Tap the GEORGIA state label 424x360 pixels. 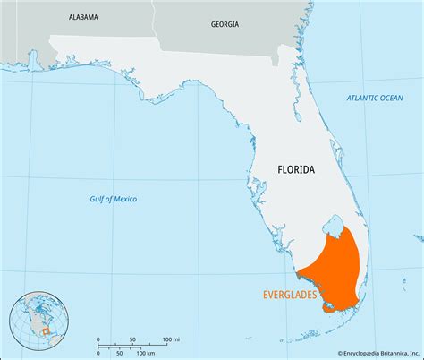(225, 24)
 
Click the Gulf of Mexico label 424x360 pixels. (114, 198)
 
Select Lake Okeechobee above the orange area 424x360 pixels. (334, 221)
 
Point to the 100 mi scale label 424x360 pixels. (171, 339)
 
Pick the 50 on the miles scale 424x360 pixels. (133, 339)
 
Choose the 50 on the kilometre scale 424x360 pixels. (117, 353)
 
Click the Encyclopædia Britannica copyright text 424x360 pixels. (369, 353)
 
